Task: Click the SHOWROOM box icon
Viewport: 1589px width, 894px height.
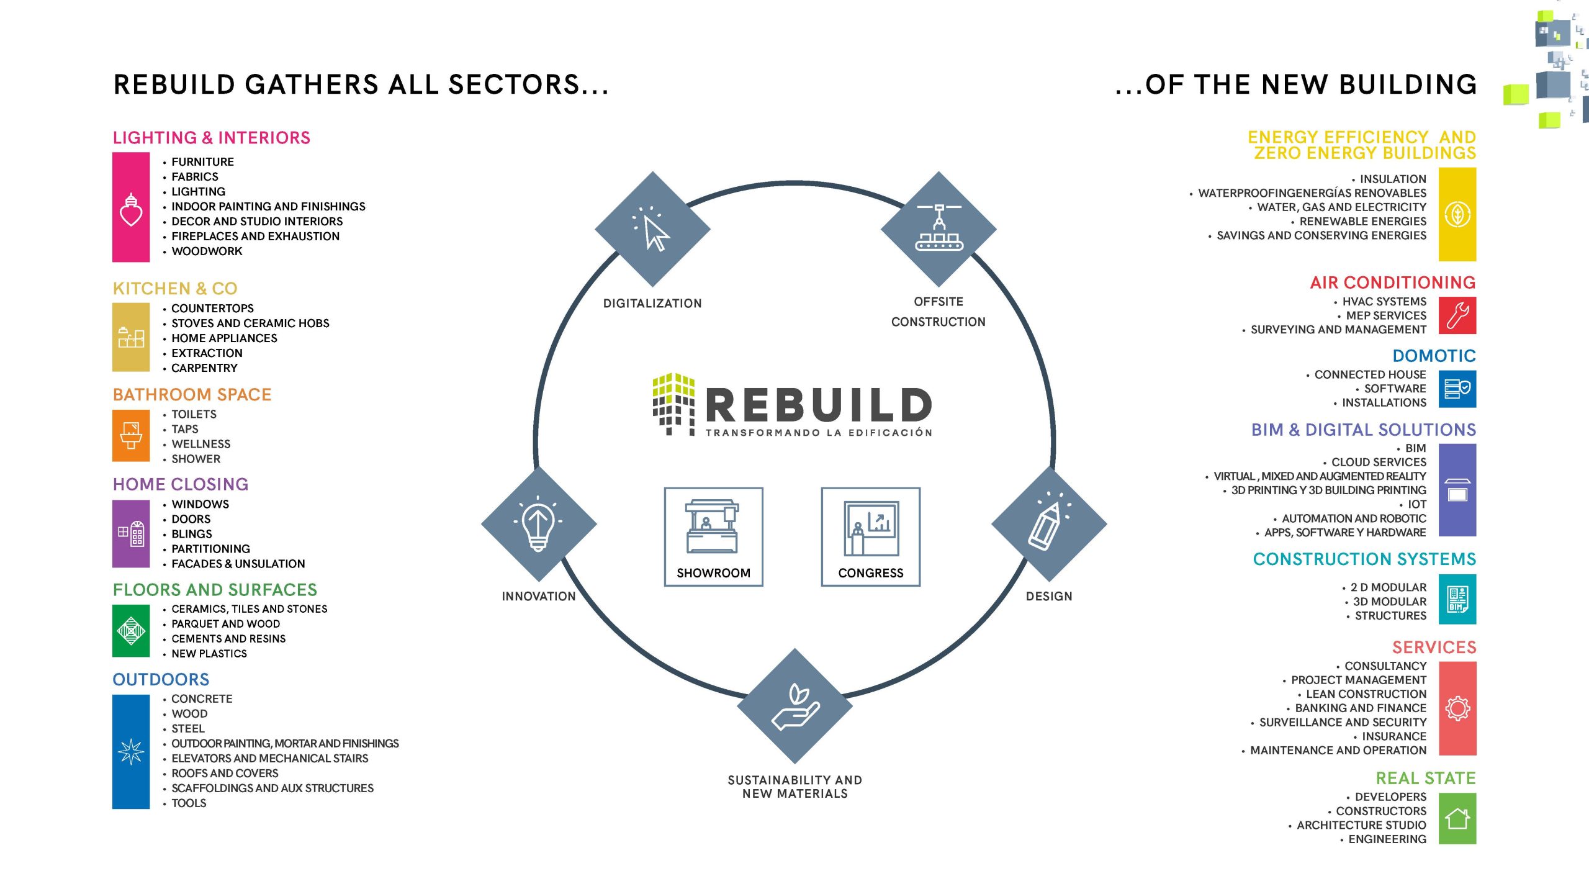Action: point(713,536)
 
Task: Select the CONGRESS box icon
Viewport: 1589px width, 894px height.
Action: point(870,536)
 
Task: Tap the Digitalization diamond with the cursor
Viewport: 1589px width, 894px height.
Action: point(652,229)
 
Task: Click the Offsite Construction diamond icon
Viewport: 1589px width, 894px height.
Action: point(939,229)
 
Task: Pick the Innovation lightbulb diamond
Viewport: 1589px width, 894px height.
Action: point(539,523)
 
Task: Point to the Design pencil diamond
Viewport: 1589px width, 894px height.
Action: point(1049,523)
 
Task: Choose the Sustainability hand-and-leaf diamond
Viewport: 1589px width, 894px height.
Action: point(794,706)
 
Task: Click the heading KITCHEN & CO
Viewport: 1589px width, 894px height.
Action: point(175,288)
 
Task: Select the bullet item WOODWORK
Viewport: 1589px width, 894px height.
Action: point(207,251)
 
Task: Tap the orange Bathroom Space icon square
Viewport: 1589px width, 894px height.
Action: point(131,435)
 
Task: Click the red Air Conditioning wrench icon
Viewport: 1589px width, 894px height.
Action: point(1457,315)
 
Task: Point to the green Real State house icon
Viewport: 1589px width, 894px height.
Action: point(1457,818)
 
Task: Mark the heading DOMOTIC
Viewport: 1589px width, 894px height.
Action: point(1434,356)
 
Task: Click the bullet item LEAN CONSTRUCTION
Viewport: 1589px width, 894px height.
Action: point(1366,694)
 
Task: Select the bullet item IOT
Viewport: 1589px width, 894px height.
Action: point(1417,504)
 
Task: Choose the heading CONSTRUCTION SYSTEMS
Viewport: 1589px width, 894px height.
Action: point(1364,559)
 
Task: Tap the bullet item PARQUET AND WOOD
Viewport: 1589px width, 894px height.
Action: point(225,624)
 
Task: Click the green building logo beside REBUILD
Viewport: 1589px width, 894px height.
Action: point(673,404)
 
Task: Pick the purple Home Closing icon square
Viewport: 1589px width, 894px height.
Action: point(131,533)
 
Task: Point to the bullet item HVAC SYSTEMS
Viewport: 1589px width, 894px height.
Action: point(1384,302)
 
